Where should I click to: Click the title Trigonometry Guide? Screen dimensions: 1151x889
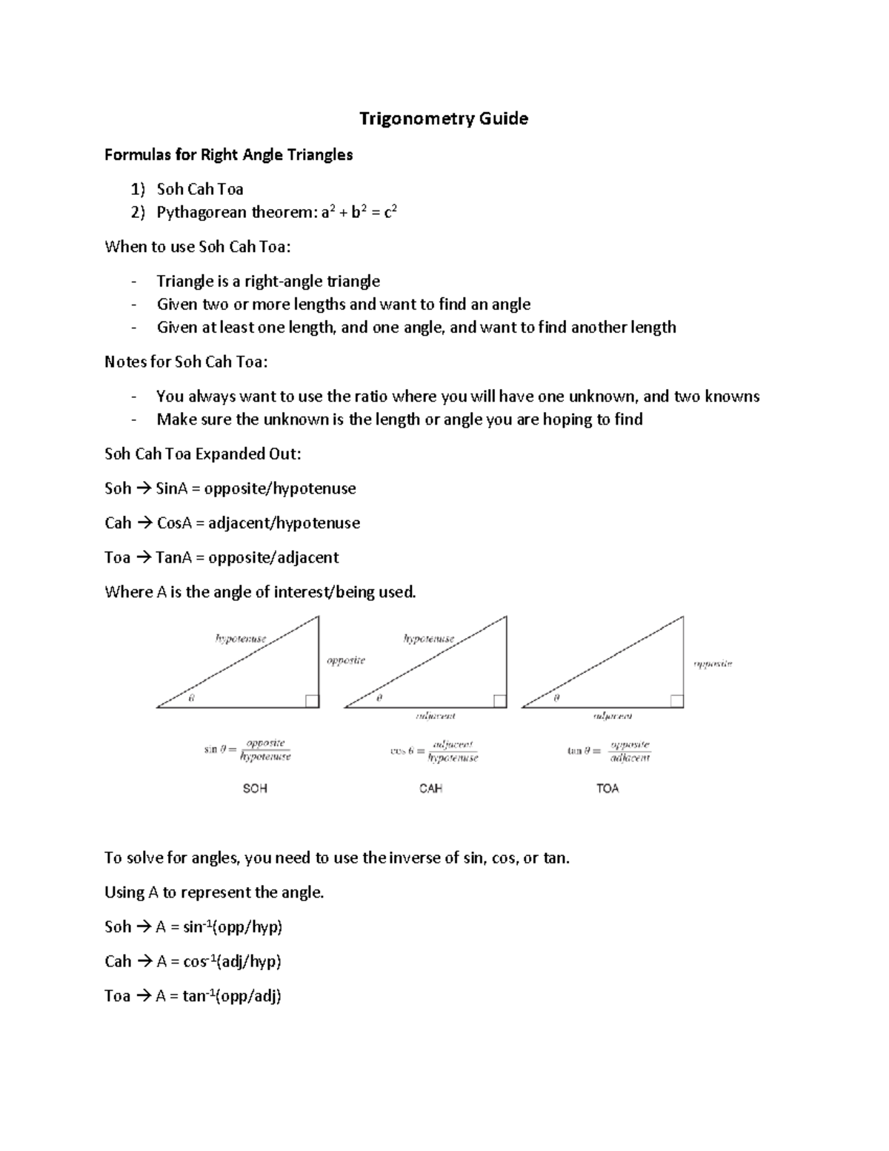tap(443, 119)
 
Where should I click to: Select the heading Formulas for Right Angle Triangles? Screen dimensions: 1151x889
tap(228, 155)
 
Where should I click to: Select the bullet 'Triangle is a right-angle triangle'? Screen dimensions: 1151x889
tap(268, 282)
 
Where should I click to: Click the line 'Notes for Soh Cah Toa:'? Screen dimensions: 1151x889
tap(186, 362)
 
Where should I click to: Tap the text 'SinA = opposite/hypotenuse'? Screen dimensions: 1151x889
tap(256, 488)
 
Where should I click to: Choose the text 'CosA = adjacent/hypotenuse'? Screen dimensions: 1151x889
tap(258, 523)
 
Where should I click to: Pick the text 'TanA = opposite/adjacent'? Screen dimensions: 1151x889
tap(247, 557)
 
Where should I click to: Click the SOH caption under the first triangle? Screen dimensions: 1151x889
tap(255, 789)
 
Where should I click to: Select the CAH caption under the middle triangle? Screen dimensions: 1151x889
tap(430, 789)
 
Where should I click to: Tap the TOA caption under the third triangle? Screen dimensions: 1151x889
tap(607, 789)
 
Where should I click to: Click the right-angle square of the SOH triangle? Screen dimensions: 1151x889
tap(312, 701)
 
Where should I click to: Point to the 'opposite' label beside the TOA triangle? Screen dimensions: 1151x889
tap(713, 664)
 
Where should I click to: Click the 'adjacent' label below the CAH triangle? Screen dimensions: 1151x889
tap(436, 716)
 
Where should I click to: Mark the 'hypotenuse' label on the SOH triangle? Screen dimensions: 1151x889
tap(241, 638)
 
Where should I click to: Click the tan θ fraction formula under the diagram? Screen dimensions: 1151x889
tap(609, 751)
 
